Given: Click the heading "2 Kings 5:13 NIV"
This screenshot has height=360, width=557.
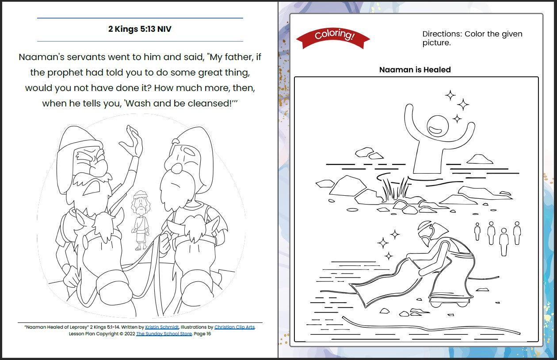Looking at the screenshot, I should click(140, 29).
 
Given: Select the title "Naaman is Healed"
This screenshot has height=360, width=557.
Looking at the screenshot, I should click(415, 70).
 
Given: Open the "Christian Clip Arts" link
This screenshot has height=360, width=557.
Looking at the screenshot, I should click(234, 327).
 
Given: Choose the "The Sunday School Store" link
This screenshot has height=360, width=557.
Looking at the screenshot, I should click(164, 334).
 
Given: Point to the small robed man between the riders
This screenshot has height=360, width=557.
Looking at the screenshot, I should click(141, 219).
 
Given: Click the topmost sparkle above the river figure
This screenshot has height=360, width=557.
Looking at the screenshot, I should click(450, 95).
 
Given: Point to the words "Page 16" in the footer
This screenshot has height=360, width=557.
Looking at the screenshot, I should click(202, 334).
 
